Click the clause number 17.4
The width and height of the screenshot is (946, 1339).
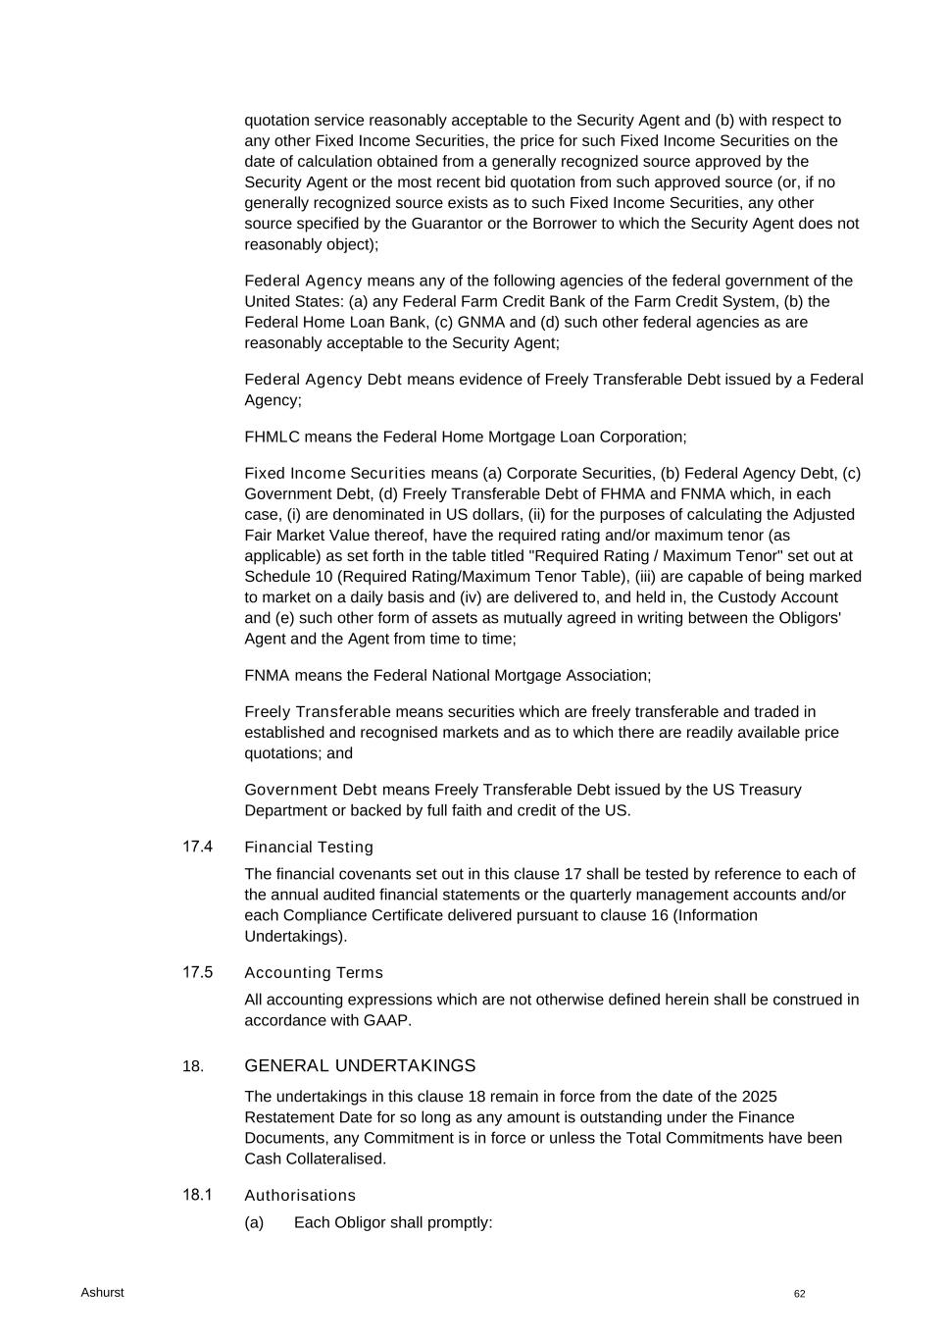pyautogui.click(x=197, y=846)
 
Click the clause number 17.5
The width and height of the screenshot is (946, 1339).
pyautogui.click(x=197, y=971)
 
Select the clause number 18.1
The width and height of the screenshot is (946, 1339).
pyautogui.click(x=197, y=1194)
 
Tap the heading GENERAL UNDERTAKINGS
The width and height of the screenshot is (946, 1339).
pyautogui.click(x=360, y=1065)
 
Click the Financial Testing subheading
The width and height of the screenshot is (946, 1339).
pyautogui.click(x=309, y=847)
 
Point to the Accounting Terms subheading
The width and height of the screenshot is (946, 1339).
pyautogui.click(x=314, y=972)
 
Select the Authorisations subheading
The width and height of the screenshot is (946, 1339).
pyautogui.click(x=300, y=1195)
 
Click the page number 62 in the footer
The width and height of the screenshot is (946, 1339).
pyautogui.click(x=800, y=1294)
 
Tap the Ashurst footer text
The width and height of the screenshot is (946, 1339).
pyautogui.click(x=102, y=1292)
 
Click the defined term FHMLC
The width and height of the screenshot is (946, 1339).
pyautogui.click(x=272, y=437)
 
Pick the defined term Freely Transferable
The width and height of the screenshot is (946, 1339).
pyautogui.click(x=318, y=711)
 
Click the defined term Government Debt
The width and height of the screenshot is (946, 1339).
pyautogui.click(x=304, y=790)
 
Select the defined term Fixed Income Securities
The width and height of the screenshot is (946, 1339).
pyautogui.click(x=335, y=473)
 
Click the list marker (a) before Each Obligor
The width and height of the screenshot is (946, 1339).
pyautogui.click(x=254, y=1221)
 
